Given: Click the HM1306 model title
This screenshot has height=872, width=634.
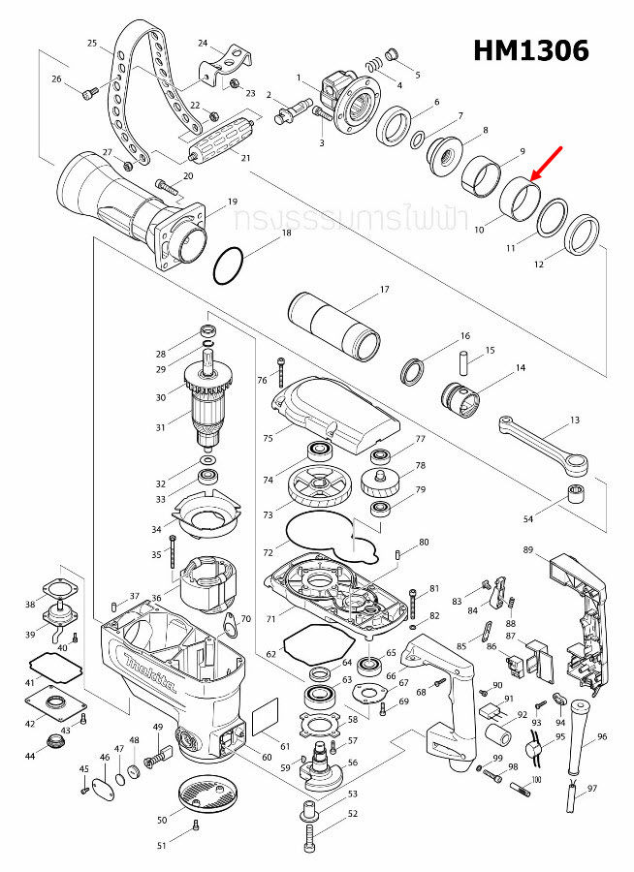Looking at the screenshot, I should point(530,51).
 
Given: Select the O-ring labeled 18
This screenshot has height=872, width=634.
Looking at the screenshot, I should point(231,265).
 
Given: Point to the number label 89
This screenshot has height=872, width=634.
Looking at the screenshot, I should point(527,549).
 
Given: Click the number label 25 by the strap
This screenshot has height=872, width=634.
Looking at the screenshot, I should point(92,44).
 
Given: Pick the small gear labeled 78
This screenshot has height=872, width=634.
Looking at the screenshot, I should point(384,483).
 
